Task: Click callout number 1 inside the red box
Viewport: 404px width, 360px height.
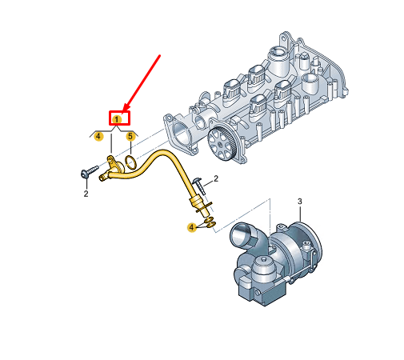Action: pos(117,119)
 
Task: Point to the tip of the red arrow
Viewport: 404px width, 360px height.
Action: pos(123,111)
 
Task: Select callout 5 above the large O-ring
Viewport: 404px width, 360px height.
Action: pos(130,137)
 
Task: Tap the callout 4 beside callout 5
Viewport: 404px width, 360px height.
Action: pos(98,137)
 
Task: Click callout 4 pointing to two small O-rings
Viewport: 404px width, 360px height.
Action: pos(191,227)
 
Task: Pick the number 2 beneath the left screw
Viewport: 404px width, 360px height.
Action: pos(86,194)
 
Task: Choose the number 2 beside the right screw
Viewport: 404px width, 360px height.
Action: pos(216,178)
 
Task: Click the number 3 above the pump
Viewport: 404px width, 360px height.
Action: pos(300,202)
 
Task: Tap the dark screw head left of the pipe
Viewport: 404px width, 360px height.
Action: pos(85,174)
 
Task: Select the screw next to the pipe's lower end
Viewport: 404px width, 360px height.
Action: pos(199,184)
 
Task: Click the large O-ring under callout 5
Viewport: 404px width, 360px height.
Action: pos(131,162)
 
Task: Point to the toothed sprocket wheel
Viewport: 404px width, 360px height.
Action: pos(222,144)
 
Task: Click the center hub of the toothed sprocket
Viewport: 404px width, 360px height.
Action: pos(221,145)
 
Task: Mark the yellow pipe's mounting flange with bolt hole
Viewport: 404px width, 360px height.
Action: pos(110,161)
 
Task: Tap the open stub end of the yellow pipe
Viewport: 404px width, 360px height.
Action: pos(102,178)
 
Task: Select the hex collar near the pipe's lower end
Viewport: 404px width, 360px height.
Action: pos(197,202)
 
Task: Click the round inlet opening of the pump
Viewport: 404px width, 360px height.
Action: pos(241,233)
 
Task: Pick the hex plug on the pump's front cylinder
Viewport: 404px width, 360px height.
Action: pos(263,259)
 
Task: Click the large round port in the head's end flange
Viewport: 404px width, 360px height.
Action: pos(180,135)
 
